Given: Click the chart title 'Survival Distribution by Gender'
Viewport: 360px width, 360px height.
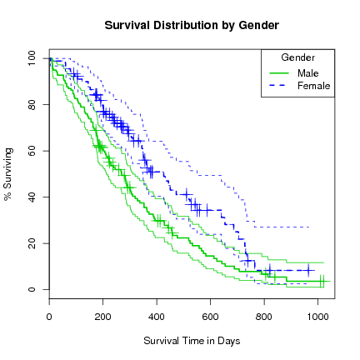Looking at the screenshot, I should [x=192, y=26].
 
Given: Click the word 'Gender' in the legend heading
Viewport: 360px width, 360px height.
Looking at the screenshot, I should [x=297, y=57].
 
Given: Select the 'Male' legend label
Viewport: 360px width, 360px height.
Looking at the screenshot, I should [x=307, y=72].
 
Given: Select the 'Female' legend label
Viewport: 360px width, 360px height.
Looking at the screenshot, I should [x=313, y=86].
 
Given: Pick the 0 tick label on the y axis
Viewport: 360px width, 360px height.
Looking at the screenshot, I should [x=35, y=289].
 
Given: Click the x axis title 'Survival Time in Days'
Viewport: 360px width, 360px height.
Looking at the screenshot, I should [x=192, y=341].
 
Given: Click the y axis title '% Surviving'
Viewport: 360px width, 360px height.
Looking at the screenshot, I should [x=9, y=174].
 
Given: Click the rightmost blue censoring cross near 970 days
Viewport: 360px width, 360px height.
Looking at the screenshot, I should [x=309, y=270].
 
